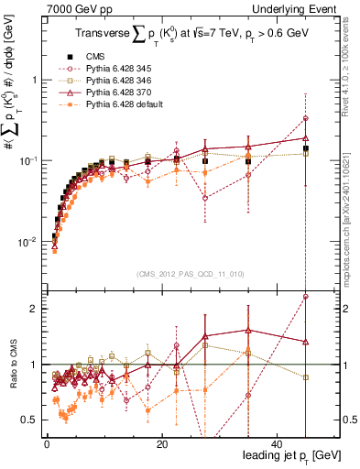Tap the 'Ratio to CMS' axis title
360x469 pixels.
click(13, 365)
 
